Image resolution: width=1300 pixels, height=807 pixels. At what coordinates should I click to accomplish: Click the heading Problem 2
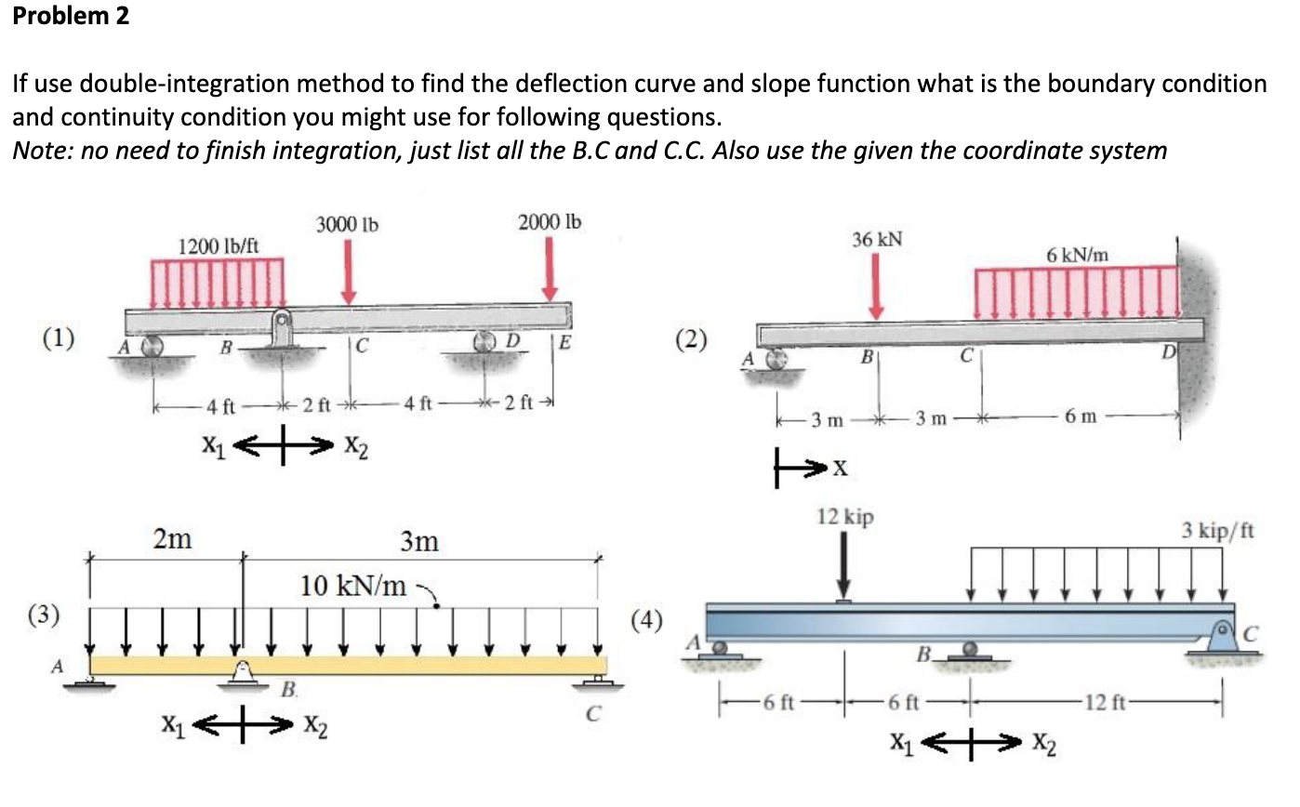71,17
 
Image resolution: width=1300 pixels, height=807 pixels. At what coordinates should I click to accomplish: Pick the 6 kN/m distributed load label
1078,255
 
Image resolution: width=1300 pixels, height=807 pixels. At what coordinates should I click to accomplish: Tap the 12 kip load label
844,518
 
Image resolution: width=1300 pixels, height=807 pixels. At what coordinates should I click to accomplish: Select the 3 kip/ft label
1218,532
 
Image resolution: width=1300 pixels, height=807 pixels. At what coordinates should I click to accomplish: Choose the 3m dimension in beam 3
419,540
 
